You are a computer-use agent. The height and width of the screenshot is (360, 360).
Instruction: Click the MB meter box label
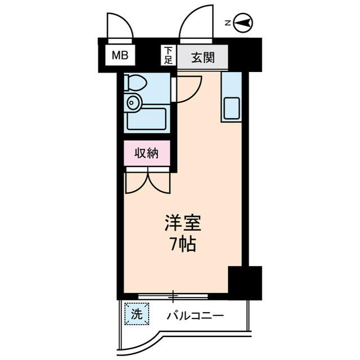pyautogui.click(x=119, y=56)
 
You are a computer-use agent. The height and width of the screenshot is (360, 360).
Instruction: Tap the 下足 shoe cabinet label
pyautogui.click(x=168, y=55)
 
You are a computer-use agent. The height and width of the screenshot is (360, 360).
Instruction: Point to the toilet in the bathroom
pyautogui.click(x=136, y=83)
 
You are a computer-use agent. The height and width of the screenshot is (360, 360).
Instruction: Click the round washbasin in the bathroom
pyautogui.click(x=133, y=102)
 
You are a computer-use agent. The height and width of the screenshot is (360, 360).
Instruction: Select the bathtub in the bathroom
pyautogui.click(x=146, y=119)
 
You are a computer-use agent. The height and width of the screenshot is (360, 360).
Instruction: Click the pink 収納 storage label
pyautogui.click(x=146, y=152)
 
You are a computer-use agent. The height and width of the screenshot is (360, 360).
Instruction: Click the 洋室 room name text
pyautogui.click(x=181, y=223)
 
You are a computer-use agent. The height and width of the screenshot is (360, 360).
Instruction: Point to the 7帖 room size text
pyautogui.click(x=181, y=245)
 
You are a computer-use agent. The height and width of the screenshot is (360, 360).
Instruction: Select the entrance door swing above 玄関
pyautogui.click(x=195, y=22)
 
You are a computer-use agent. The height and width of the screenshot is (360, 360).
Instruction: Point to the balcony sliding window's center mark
pyautogui.click(x=174, y=295)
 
